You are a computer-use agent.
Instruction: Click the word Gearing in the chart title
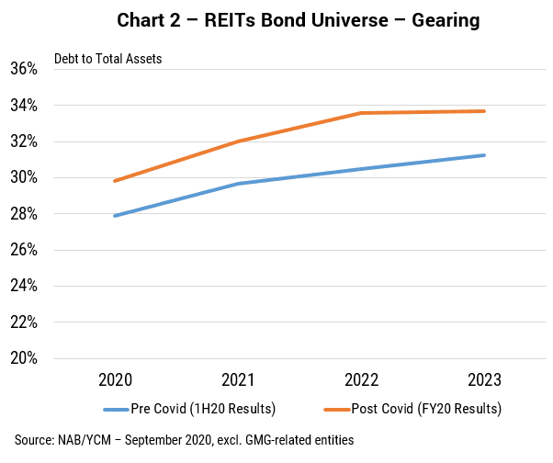[446, 20]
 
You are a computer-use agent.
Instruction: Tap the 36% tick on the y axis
[24, 68]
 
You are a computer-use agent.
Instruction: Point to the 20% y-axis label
[24, 358]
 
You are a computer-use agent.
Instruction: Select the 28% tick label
[24, 214]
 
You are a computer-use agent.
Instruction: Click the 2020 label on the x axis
[116, 379]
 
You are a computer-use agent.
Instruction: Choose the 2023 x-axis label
[485, 379]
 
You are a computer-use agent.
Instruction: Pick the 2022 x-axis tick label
[362, 379]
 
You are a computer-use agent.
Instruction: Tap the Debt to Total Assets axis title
[107, 59]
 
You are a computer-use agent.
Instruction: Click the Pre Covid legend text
[203, 409]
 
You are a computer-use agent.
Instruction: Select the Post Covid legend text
[426, 409]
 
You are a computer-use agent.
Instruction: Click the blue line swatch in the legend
[116, 410]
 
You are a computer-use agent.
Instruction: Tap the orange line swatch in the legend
[337, 410]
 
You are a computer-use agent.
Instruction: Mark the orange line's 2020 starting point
[115, 181]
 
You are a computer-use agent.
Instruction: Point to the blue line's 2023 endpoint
[484, 155]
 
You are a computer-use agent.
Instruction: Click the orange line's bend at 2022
[361, 113]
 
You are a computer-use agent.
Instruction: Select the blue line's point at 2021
[239, 184]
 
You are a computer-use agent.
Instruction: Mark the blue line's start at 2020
[115, 216]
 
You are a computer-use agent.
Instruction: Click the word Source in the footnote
[35, 440]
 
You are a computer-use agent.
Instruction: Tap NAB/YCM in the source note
[85, 440]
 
